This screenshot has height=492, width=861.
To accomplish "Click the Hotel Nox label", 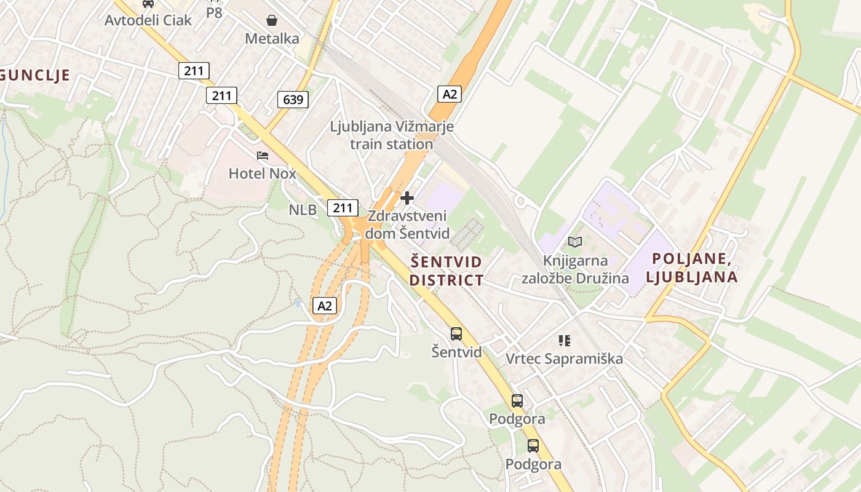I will click(x=262, y=173).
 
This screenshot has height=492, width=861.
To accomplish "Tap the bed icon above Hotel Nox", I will click(x=263, y=156).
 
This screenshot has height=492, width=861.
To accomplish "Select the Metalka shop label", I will click(x=272, y=39).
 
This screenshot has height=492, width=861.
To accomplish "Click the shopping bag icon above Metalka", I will click(x=272, y=20).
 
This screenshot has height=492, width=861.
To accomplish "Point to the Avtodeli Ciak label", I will click(x=148, y=20).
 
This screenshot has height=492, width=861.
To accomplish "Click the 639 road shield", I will click(x=292, y=99).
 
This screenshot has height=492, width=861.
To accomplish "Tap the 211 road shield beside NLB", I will click(x=343, y=207).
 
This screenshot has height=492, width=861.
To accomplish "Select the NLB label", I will click(x=303, y=210).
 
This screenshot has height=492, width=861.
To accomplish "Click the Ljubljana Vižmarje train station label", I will click(x=392, y=135).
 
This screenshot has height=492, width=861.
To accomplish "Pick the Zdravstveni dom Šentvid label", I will click(x=407, y=224).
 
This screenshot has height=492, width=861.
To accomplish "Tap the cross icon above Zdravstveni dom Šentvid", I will click(x=407, y=198).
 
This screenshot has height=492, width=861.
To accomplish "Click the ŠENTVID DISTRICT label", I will click(x=446, y=271).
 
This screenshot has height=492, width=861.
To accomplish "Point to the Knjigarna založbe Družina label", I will click(x=575, y=269).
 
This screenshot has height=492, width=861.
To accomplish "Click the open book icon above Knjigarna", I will click(x=575, y=242).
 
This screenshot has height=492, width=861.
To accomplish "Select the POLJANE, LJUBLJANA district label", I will click(x=692, y=268).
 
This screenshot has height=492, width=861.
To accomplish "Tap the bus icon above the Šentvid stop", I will click(x=456, y=334).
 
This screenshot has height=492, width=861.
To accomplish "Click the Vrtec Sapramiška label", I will click(x=564, y=359).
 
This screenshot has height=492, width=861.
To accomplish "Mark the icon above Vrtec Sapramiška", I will click(x=564, y=340).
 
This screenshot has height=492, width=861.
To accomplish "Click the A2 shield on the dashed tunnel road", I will click(x=325, y=306).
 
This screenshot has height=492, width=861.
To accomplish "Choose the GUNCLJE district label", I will click(x=34, y=75).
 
